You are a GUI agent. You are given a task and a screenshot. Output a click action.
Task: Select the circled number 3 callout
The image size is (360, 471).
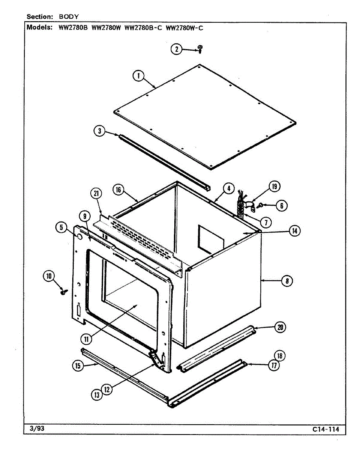100,131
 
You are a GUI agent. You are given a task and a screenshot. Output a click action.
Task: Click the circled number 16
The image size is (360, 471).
118,190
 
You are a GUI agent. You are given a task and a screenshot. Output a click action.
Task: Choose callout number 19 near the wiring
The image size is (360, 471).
274,186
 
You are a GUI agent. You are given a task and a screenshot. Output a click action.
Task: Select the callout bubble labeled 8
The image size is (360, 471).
287,281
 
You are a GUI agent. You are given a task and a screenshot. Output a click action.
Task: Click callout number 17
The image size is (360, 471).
274,365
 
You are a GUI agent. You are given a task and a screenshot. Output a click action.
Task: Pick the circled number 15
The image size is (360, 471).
78,366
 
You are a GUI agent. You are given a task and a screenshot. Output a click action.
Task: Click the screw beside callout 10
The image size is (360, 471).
62,292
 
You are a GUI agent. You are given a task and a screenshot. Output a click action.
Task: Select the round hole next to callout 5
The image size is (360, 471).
78,237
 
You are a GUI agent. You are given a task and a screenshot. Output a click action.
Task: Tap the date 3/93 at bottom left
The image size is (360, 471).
37,429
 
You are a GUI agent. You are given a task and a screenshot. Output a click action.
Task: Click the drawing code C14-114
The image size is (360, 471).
325,429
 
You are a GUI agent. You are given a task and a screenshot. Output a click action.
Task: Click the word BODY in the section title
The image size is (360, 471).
69,16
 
